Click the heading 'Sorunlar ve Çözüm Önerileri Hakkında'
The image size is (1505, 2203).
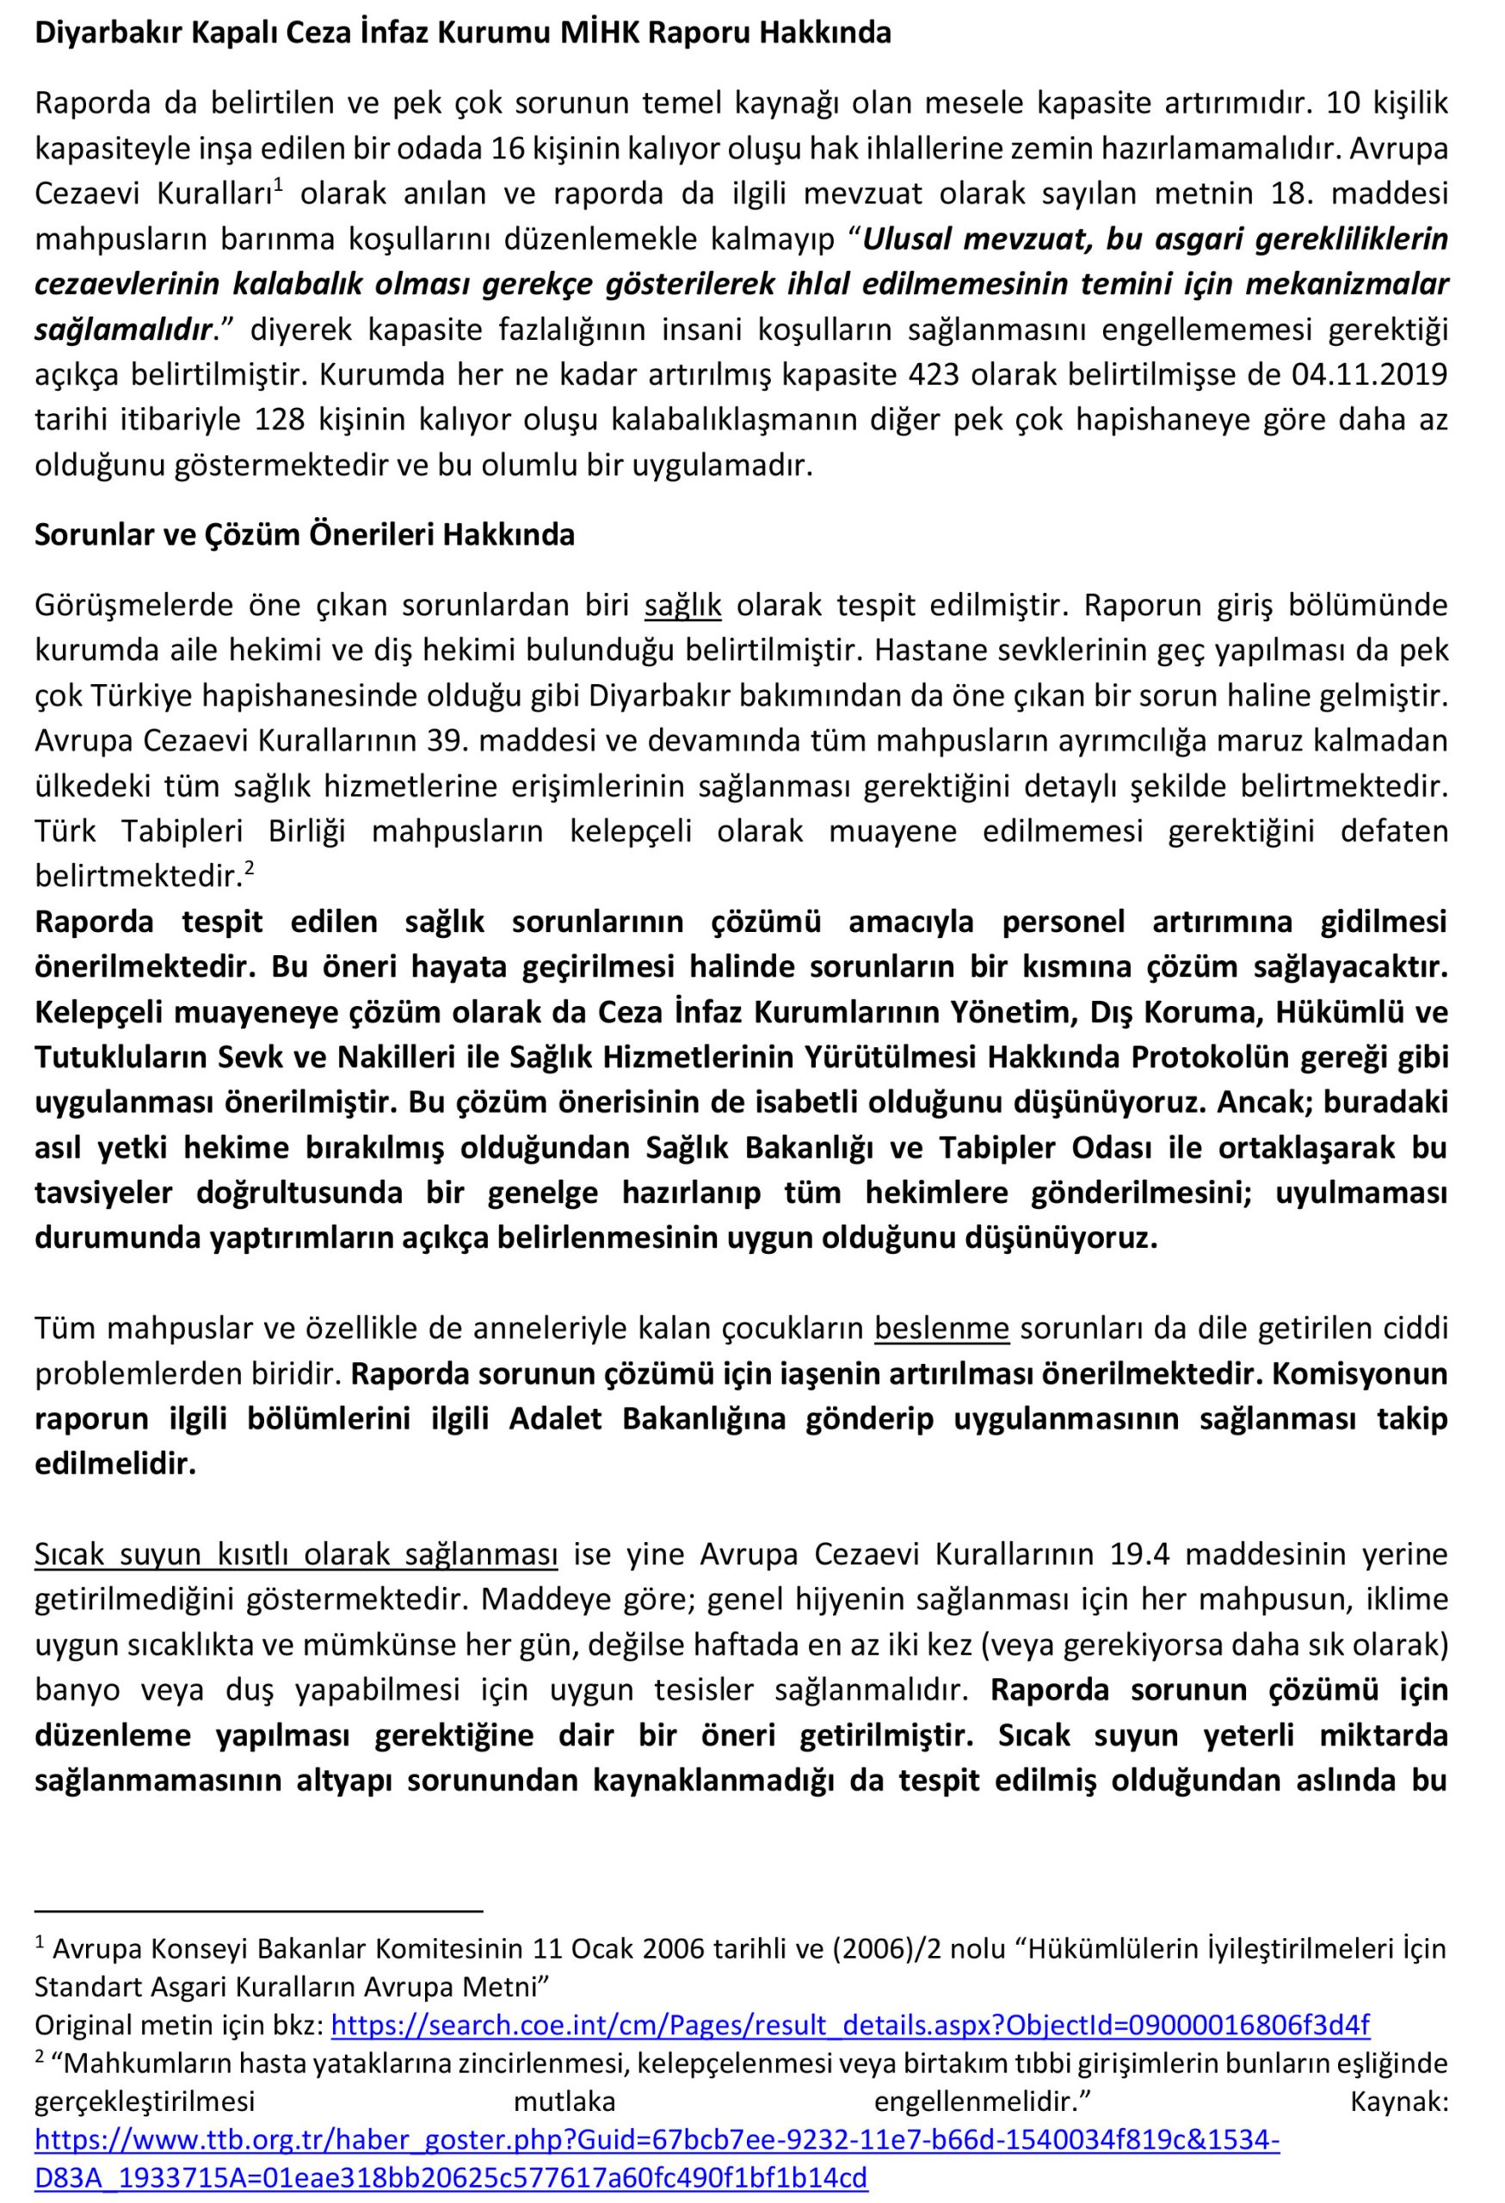click(x=305, y=535)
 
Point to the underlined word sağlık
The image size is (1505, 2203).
click(x=682, y=605)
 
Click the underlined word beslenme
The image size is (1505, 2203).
click(x=941, y=1329)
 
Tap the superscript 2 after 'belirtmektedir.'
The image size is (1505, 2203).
click(x=250, y=867)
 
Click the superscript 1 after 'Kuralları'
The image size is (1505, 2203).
click(x=279, y=186)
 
